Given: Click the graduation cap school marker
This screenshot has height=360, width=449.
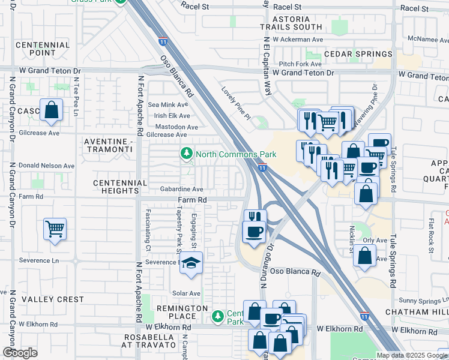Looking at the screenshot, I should click(x=191, y=263).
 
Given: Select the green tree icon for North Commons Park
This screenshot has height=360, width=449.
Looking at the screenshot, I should click(x=187, y=154).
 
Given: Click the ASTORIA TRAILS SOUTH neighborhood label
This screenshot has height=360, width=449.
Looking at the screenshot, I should click(x=291, y=23).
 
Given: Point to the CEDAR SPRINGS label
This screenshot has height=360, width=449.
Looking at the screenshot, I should click(x=349, y=53).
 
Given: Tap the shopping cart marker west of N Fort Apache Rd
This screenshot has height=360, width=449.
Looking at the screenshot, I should click(x=55, y=229).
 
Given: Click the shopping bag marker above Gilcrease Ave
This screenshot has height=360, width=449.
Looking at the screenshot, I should click(x=52, y=110).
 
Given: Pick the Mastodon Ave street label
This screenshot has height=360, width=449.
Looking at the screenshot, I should click(x=176, y=127).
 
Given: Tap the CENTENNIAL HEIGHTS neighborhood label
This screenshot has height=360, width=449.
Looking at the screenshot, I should click(x=120, y=187).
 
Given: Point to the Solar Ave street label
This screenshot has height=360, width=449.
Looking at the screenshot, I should click(x=187, y=293).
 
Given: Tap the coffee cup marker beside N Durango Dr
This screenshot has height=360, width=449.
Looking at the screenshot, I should click(x=253, y=231).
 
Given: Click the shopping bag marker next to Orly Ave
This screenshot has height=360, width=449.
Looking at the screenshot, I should click(x=365, y=256).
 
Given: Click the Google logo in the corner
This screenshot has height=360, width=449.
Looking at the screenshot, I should click(x=20, y=353).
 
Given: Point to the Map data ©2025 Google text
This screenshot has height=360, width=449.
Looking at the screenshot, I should click(x=412, y=355).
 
